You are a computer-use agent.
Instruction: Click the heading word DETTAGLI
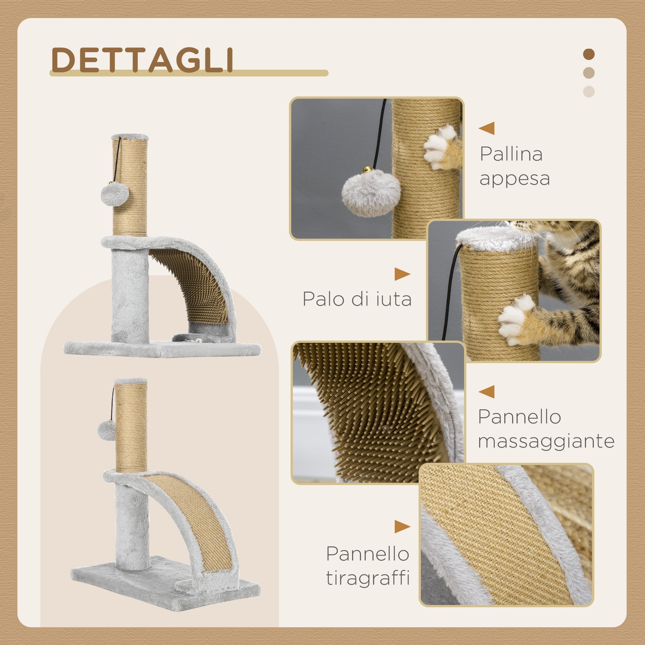tap(142, 60)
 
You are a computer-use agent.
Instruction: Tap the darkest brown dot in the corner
tap(589, 55)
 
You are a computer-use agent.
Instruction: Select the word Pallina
tap(511, 154)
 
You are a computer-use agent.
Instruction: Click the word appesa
tap(514, 179)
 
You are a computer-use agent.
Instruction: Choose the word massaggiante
tap(546, 442)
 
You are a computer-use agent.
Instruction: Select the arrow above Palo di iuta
tap(402, 274)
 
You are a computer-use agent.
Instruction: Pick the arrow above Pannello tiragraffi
tap(402, 527)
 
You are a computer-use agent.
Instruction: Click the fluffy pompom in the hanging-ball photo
tap(371, 193)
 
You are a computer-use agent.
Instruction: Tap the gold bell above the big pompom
tap(367, 170)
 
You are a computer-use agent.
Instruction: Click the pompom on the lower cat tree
tap(106, 430)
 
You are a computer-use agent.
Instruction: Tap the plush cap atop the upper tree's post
tap(130, 137)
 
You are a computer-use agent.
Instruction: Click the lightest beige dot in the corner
tap(589, 92)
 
